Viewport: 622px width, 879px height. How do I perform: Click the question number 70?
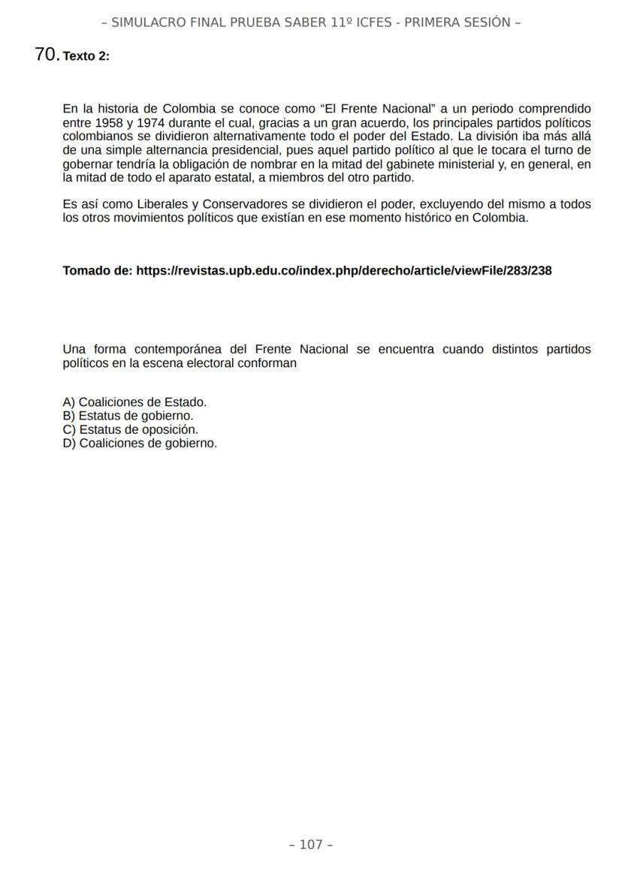[x=47, y=54]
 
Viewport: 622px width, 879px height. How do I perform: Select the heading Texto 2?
[x=86, y=56]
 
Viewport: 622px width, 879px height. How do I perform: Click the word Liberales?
[x=163, y=204]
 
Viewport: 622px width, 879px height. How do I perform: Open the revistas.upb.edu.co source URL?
[x=344, y=271]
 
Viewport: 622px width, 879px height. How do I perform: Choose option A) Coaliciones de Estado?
[x=134, y=402]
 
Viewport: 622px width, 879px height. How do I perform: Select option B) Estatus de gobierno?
[x=128, y=416]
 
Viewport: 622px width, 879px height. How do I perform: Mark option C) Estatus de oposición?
[x=130, y=429]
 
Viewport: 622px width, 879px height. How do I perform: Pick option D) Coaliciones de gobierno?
[x=140, y=443]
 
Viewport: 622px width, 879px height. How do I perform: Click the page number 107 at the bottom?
[x=311, y=844]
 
